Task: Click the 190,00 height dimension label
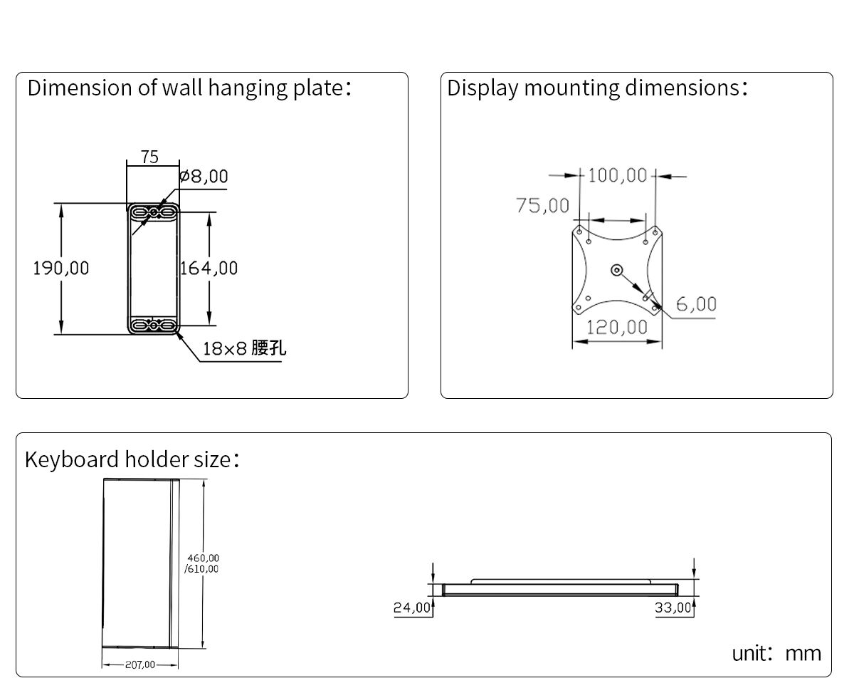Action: tap(61, 268)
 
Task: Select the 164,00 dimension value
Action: tap(209, 268)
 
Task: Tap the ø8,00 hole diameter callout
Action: tap(204, 176)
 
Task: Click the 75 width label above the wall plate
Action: tap(149, 157)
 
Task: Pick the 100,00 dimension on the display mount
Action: tap(618, 175)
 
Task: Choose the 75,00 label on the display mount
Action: tap(542, 205)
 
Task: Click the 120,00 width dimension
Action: tap(616, 328)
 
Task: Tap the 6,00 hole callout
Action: tap(696, 304)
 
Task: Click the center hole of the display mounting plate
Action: tap(616, 270)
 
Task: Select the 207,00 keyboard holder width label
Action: tap(140, 665)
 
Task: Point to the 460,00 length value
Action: tap(204, 558)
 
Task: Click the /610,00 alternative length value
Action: tap(201, 568)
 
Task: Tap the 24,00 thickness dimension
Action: tap(412, 608)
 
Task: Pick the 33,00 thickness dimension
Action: tap(673, 608)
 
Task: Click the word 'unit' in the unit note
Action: tap(749, 654)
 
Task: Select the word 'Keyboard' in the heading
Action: tap(71, 459)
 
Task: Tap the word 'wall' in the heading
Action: tap(181, 88)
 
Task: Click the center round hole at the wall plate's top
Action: tap(153, 212)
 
